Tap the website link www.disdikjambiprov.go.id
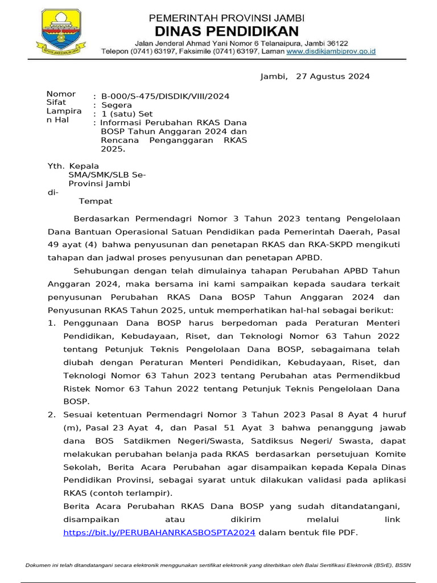coord(331,51)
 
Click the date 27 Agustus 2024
coord(333,76)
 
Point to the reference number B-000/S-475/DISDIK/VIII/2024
coord(165,96)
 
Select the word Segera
coord(117,105)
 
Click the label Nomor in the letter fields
coord(61,94)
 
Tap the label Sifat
coord(56,102)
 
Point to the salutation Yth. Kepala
coord(73,166)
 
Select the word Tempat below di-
coord(96,201)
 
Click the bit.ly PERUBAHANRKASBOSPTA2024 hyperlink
coord(159,532)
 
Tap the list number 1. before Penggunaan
coord(52,323)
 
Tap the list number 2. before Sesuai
coord(52,414)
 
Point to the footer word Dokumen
coord(40,565)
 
